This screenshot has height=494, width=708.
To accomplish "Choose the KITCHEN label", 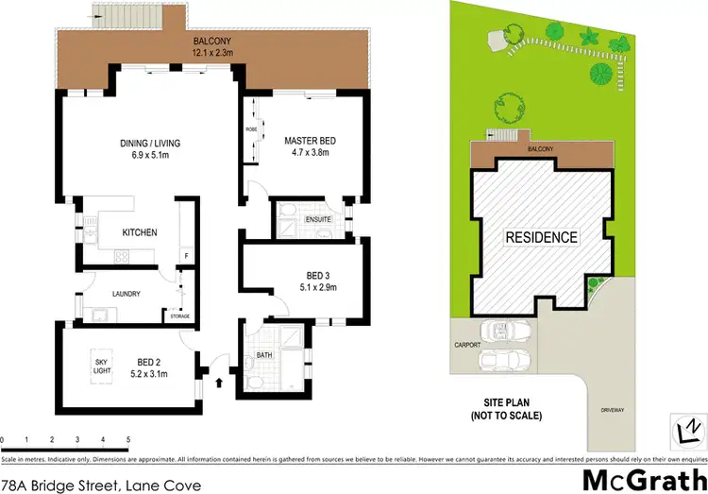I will [139, 232].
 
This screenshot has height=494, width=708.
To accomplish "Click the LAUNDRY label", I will [126, 294].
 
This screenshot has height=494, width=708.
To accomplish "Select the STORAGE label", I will [179, 315].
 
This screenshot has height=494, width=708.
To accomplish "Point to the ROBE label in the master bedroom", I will [251, 129].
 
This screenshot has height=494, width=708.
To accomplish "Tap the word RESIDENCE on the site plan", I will [540, 237].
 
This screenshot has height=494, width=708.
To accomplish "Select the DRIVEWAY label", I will [613, 409].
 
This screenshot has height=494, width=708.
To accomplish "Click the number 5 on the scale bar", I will [127, 440].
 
